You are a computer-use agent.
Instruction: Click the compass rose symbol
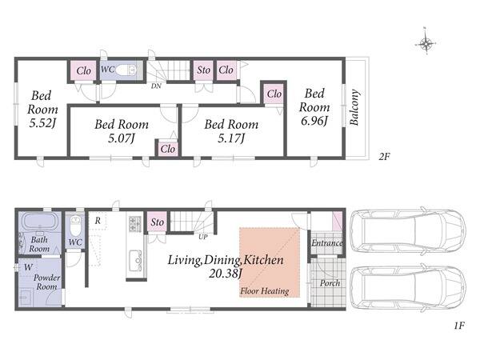[x=426, y=43]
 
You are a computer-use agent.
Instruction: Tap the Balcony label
[x=354, y=107]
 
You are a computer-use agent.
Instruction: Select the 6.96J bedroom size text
[x=314, y=121]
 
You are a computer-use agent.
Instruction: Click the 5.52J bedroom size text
[x=42, y=123]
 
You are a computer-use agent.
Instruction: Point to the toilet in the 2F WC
[x=126, y=70]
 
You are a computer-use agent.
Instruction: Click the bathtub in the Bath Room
[x=40, y=221]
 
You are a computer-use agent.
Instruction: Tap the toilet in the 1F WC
[x=74, y=225]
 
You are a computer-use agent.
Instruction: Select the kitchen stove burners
[x=135, y=223]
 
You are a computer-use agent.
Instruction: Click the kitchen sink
[x=136, y=260]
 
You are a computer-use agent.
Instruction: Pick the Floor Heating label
[x=265, y=291]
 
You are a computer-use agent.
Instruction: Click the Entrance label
[x=326, y=243]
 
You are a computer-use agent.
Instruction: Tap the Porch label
[x=330, y=283]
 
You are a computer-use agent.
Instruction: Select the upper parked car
[x=408, y=231]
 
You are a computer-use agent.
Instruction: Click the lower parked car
[x=408, y=288]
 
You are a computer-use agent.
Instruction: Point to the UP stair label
[x=202, y=237]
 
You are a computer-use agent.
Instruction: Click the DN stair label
[x=156, y=86]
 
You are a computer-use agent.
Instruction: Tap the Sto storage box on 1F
[x=158, y=222]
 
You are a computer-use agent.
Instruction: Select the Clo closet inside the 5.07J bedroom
[x=168, y=149]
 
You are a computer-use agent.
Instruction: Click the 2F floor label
[x=384, y=157]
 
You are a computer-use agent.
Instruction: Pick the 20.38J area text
[x=225, y=274]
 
